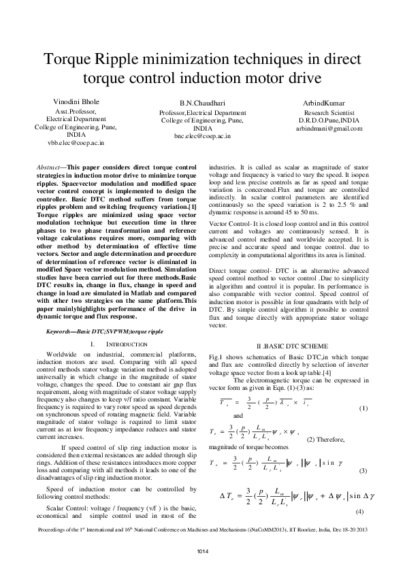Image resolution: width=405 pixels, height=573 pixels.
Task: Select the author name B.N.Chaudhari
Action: coord(202,102)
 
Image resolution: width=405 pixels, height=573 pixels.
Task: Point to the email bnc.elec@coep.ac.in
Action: coord(202,136)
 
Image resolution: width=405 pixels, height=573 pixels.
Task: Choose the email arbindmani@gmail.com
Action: coord(329,128)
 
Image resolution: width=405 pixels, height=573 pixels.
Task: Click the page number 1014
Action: coord(202,550)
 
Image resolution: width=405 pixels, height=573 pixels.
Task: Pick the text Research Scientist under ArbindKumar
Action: coord(329,112)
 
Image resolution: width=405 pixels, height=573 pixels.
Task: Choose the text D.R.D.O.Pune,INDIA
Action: coord(329,120)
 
